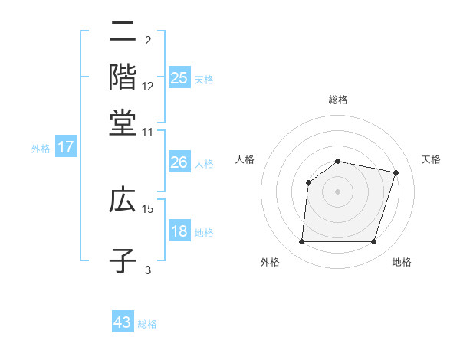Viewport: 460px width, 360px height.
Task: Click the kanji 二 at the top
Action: [123, 31]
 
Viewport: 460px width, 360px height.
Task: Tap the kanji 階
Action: [123, 77]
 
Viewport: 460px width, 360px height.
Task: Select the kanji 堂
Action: [123, 123]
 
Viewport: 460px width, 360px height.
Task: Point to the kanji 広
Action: [123, 200]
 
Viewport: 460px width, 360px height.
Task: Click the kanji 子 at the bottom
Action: [123, 260]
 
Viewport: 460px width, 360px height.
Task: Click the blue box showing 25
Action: [179, 77]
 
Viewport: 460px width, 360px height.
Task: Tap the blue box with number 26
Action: [179, 162]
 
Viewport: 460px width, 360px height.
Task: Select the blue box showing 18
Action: [179, 232]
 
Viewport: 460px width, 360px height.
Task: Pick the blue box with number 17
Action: [65, 147]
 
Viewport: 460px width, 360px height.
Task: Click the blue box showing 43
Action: [123, 322]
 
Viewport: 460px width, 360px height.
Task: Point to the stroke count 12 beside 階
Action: [148, 86]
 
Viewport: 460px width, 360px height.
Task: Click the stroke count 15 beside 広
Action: [148, 208]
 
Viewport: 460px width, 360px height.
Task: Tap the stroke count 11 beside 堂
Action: [148, 132]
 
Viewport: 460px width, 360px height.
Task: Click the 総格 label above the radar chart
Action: [338, 100]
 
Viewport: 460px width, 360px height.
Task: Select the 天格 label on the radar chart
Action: [431, 159]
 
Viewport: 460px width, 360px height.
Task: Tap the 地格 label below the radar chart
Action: [402, 263]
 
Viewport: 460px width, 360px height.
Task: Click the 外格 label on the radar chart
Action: [270, 263]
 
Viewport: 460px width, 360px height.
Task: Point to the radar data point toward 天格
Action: [396, 172]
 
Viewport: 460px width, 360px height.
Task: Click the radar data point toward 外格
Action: [302, 242]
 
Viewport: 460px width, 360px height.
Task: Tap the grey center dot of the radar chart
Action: [338, 191]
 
